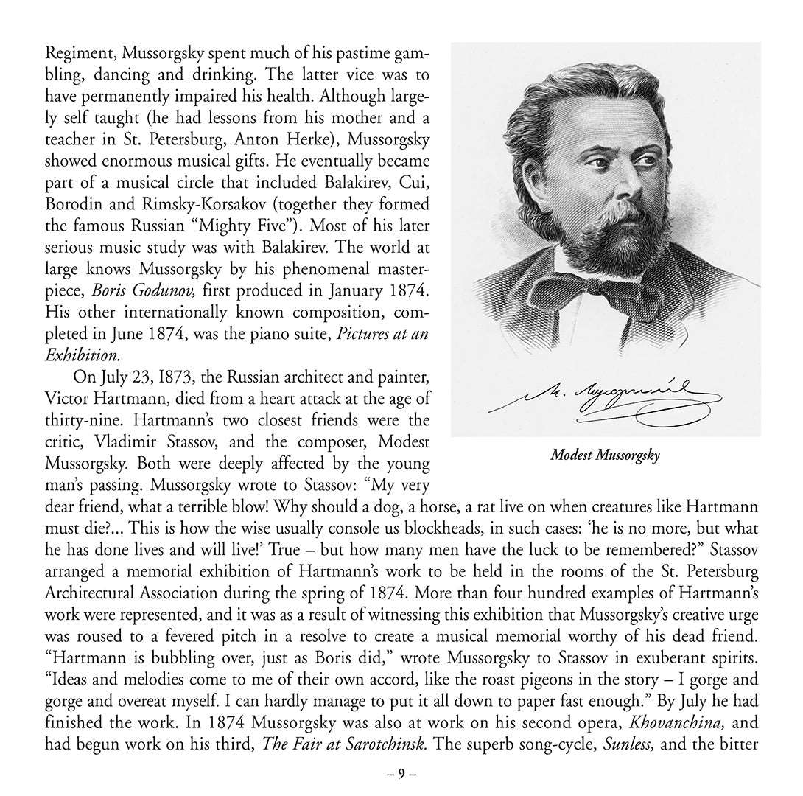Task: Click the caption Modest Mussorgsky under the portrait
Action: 605,455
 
